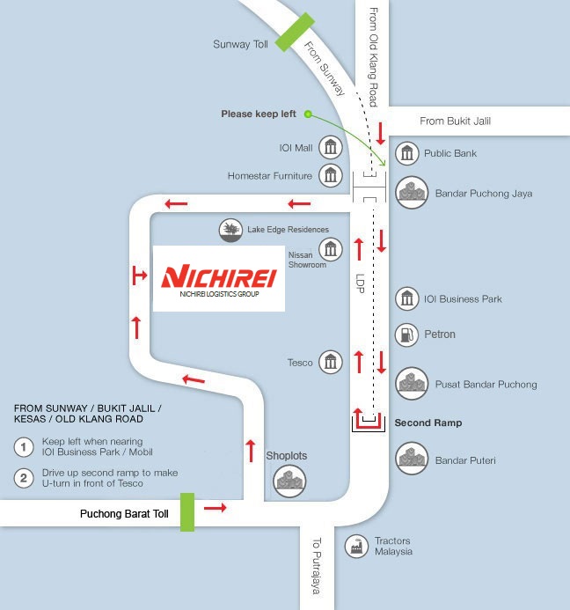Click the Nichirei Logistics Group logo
point(219,278)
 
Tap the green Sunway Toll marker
point(292,32)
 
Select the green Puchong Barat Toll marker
point(187,511)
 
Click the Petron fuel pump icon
point(406,334)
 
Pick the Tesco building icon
point(331,362)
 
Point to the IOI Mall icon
point(331,147)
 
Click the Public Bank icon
point(406,153)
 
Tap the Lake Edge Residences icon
point(230,231)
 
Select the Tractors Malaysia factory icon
point(356,547)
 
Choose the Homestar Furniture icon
point(331,175)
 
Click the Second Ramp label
point(427,423)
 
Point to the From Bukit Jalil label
point(455,121)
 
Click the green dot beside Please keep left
point(307,114)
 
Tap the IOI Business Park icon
point(406,298)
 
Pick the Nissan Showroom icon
point(331,249)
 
